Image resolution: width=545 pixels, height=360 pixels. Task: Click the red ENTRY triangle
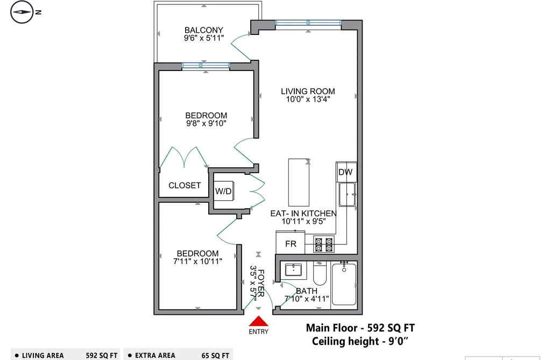[x=258, y=321]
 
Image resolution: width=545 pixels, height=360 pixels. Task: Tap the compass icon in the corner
[x=22, y=12]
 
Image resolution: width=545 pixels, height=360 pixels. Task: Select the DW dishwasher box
[x=345, y=172]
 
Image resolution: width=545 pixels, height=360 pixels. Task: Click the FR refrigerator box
[x=291, y=243]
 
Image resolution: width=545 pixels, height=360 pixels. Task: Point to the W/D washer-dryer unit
[x=223, y=191]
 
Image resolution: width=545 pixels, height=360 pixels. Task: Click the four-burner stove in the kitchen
[x=323, y=244]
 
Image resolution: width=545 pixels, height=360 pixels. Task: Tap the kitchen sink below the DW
[x=348, y=195]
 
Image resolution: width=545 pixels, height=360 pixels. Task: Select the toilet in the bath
[x=320, y=273]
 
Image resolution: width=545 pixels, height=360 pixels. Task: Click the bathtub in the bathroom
[x=344, y=284]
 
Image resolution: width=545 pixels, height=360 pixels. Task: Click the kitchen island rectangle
[x=299, y=182]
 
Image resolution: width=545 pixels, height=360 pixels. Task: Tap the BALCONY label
[x=204, y=30]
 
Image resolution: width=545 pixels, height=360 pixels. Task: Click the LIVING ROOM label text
[x=308, y=91]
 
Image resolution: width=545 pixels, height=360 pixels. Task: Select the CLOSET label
[x=185, y=186]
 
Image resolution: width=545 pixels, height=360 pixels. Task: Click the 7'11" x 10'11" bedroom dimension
[x=197, y=262]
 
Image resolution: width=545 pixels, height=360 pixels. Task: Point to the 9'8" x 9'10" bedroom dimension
[x=206, y=123]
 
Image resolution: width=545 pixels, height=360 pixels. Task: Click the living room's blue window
[x=308, y=23]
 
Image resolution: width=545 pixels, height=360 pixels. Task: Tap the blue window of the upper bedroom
[x=206, y=65]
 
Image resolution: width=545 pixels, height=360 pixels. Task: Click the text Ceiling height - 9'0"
[x=360, y=341]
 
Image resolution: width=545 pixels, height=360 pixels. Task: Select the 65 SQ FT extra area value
[x=215, y=356]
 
